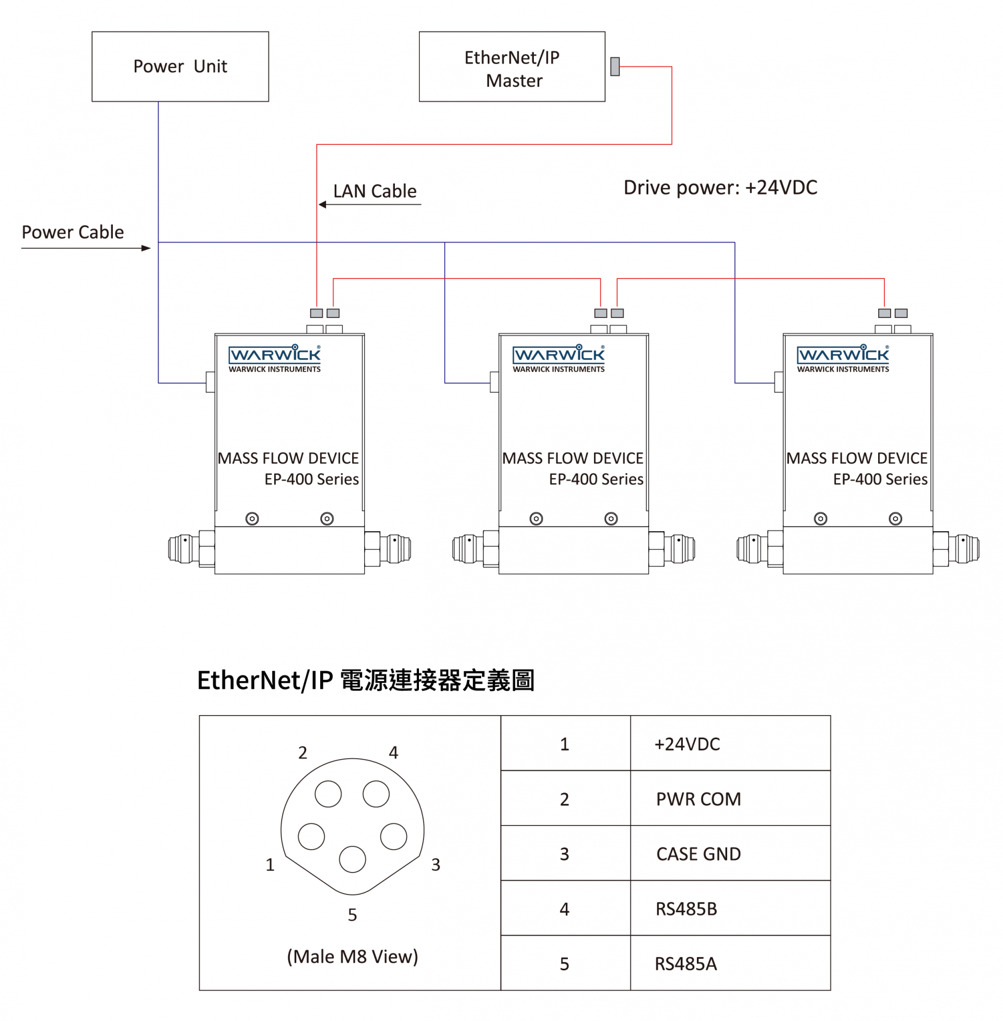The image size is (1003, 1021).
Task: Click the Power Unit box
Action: click(x=180, y=66)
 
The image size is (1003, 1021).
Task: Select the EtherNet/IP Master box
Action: click(x=511, y=66)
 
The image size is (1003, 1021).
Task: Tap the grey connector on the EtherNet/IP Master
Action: click(x=615, y=66)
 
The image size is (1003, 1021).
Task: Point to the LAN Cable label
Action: click(x=375, y=191)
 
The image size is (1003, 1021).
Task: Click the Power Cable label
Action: click(x=73, y=232)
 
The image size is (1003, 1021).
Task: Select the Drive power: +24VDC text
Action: click(x=720, y=188)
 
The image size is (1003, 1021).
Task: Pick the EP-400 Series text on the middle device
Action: click(x=596, y=479)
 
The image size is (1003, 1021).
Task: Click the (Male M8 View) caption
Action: click(x=353, y=956)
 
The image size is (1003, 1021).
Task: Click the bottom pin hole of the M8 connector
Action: click(x=353, y=859)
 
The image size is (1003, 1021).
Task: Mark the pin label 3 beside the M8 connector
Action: click(x=436, y=865)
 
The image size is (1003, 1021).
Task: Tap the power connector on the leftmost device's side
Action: click(x=210, y=382)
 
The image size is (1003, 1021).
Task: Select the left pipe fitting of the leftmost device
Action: click(x=184, y=549)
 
